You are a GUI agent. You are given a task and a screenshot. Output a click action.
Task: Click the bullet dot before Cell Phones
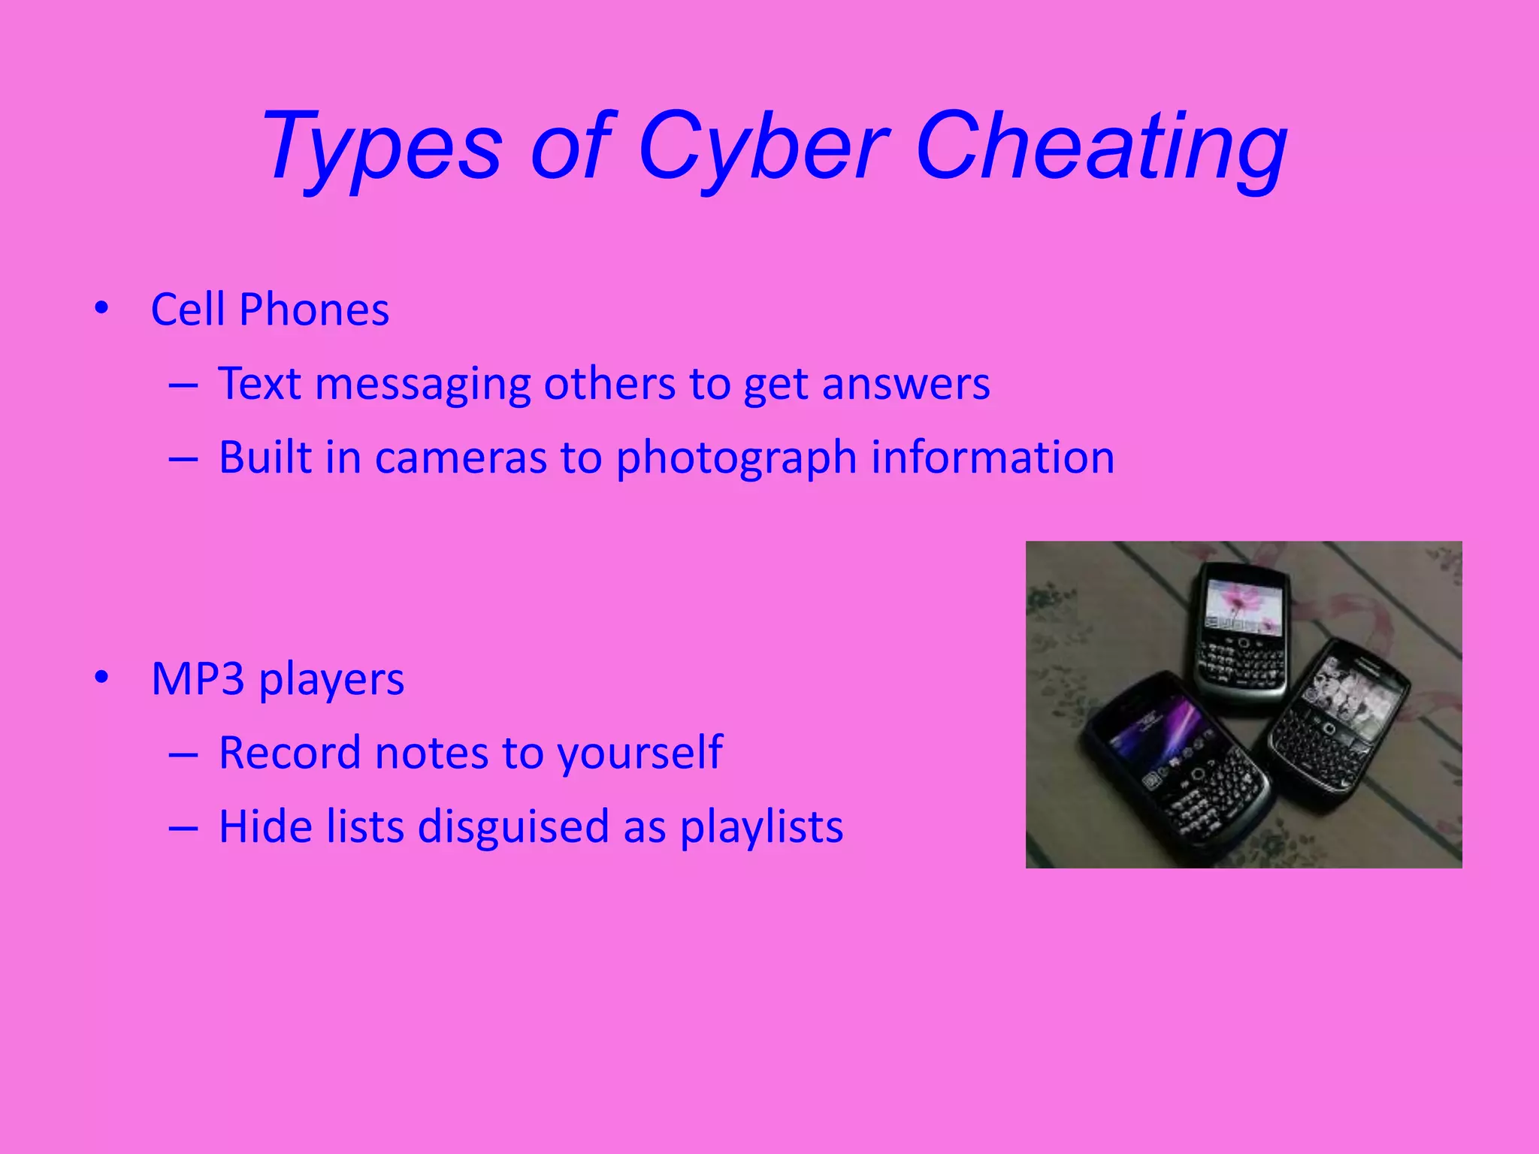[x=101, y=308]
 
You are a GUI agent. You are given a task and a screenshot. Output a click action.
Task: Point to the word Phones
[x=314, y=309]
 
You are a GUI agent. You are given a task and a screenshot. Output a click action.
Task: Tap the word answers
[x=906, y=385]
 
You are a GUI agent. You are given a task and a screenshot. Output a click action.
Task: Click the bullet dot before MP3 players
[x=101, y=678]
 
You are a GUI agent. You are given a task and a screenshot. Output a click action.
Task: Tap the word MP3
[x=198, y=678]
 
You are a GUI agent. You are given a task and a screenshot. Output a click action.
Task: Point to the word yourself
[x=639, y=753]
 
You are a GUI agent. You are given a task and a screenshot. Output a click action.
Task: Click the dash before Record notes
[x=183, y=754]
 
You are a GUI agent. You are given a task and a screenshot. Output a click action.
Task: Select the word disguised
[x=513, y=826]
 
